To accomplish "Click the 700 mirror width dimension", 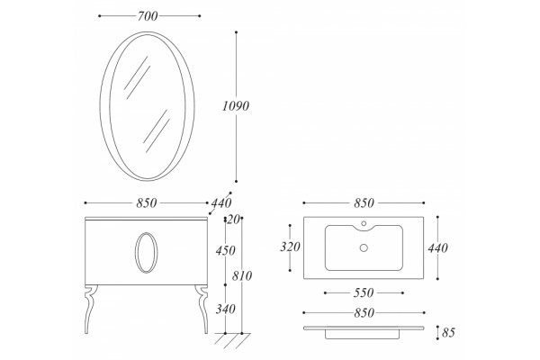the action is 148,16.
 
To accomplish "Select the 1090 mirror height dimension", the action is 236,106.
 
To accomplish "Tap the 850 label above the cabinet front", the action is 147,202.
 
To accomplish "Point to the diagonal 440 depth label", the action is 221,202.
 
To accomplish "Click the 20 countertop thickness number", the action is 233,220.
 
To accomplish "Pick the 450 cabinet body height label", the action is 226,250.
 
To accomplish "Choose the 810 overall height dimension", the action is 242,275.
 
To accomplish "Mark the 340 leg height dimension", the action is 226,309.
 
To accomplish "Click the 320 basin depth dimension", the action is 290,247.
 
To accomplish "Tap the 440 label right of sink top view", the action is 437,247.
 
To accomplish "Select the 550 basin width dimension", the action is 364,292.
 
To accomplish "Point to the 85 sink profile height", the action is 448,332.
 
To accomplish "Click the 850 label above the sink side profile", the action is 364,313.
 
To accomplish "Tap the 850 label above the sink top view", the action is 364,202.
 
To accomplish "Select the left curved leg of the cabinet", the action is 90,309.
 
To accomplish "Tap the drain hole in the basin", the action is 364,247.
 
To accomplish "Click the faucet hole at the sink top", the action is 364,223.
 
